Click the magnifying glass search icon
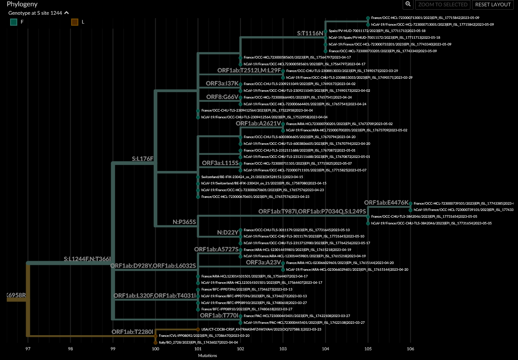[408, 4]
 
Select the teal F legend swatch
[14, 22]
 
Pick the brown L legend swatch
[75, 22]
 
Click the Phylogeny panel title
[22, 4]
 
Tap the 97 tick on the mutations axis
[28, 349]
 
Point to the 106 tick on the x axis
[410, 349]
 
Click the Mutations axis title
[207, 356]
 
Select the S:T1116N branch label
[310, 33]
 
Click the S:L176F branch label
[143, 159]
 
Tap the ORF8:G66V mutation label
[222, 97]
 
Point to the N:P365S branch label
[184, 222]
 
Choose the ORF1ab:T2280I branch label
[132, 332]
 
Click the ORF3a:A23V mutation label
[263, 262]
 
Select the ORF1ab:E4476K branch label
[386, 203]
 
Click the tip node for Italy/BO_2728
[156, 343]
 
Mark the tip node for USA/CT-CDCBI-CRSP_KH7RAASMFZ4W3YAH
[198, 329]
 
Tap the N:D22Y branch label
[227, 232]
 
